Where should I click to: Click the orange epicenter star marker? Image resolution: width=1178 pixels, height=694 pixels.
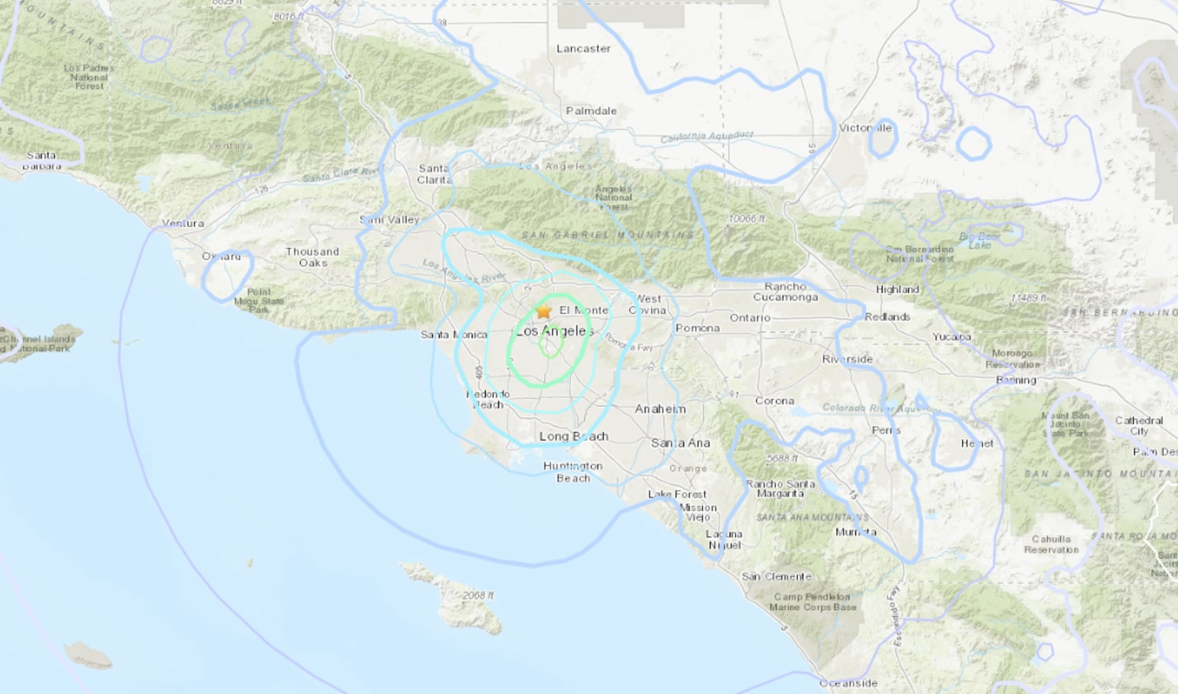[x=543, y=311]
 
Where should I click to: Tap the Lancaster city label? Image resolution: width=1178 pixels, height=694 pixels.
[x=584, y=49]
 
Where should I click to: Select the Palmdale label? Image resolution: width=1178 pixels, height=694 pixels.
[x=591, y=111]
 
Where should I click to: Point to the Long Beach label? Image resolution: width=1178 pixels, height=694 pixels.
[x=573, y=436]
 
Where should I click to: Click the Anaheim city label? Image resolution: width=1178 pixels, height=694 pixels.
[x=660, y=409]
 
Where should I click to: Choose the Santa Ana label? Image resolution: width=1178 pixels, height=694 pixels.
[x=680, y=443]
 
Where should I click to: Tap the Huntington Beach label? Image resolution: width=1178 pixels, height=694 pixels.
[x=573, y=472]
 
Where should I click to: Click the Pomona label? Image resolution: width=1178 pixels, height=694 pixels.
[x=697, y=328]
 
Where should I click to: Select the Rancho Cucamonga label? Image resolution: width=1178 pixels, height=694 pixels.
[x=785, y=292]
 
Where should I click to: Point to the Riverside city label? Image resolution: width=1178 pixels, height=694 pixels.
[x=847, y=360]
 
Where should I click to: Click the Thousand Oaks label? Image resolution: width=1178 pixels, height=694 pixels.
[x=313, y=258]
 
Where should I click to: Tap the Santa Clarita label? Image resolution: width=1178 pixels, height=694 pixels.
[x=434, y=174]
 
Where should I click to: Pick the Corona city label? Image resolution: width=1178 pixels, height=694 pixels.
[x=774, y=401]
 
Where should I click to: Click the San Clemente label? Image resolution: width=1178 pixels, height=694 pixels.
[x=777, y=576]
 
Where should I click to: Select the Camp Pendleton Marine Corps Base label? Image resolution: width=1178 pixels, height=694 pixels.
[x=813, y=602]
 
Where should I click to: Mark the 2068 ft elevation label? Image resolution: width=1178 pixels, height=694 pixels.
[x=477, y=596]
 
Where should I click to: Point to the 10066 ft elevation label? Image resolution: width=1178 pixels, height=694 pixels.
[x=746, y=219]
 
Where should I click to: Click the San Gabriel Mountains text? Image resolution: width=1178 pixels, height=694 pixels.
[x=607, y=235]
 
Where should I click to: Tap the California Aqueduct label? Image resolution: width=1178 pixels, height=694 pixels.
[x=707, y=137]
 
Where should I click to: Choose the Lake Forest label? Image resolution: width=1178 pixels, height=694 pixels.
[x=677, y=495]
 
